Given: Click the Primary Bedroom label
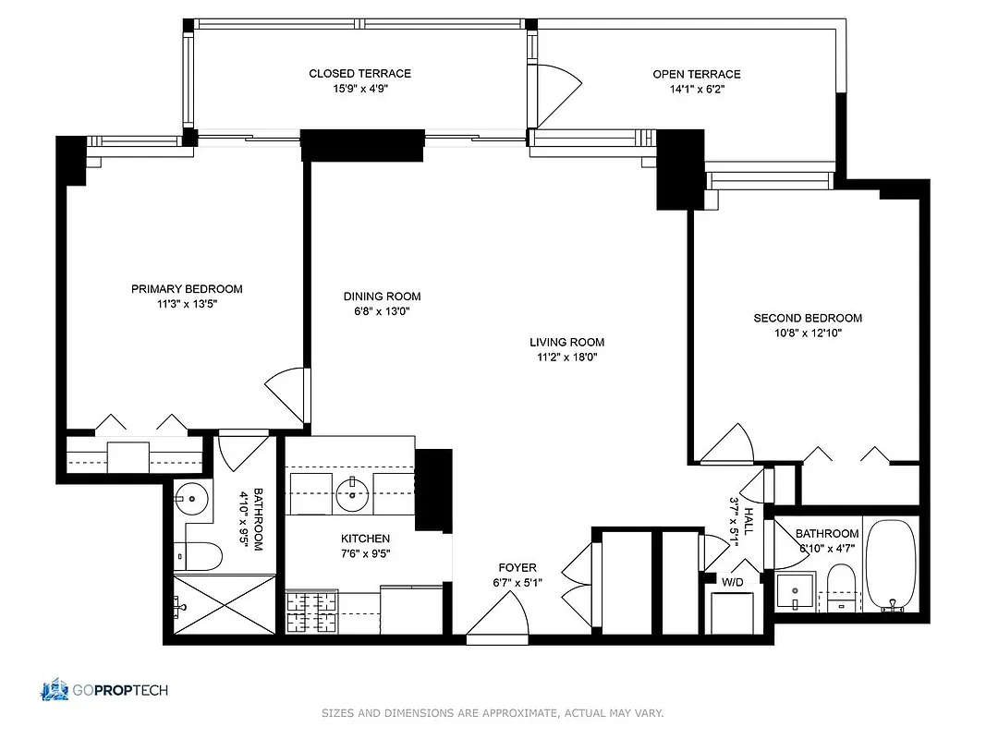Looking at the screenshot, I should [x=187, y=289].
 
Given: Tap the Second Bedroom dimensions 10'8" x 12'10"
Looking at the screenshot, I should [x=808, y=333].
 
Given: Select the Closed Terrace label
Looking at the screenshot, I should [x=359, y=74].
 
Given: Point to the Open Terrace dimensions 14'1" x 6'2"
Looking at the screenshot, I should [x=696, y=90].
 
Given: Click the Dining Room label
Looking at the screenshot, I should [x=382, y=297].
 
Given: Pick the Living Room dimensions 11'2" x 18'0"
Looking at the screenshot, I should [x=566, y=357].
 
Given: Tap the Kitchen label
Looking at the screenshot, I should [x=365, y=539].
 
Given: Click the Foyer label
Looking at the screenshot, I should [x=517, y=567].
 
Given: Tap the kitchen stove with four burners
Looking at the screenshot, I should [x=311, y=611].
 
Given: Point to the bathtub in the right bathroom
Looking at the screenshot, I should [x=891, y=566].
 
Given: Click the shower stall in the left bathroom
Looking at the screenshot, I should [x=224, y=604].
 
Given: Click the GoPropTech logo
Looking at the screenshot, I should [x=103, y=689].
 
